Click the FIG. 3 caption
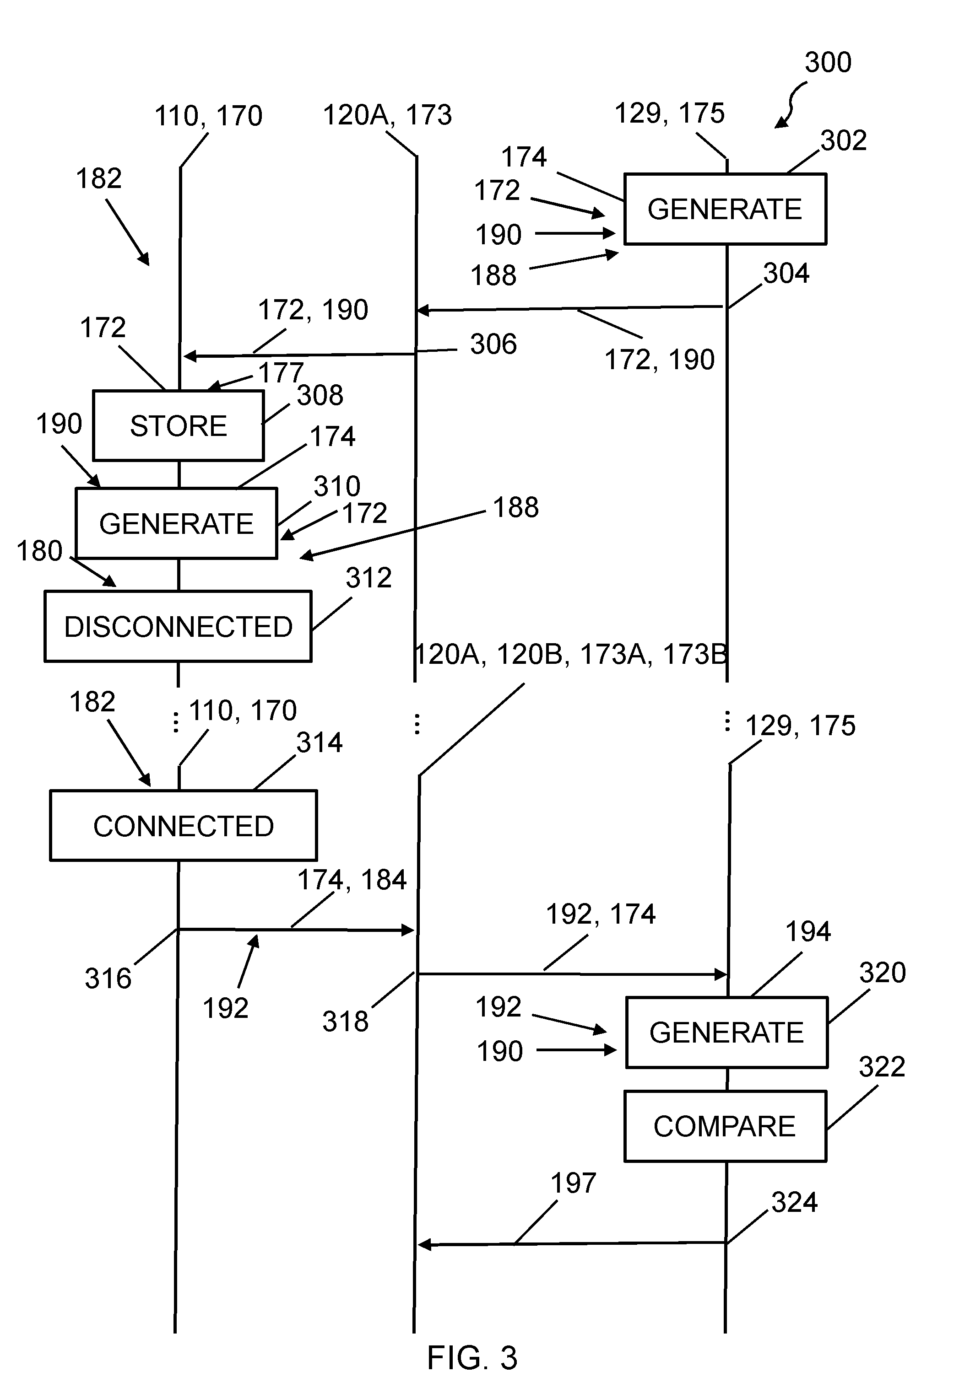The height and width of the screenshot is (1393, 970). tap(472, 1357)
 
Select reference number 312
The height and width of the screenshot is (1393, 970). tap(368, 578)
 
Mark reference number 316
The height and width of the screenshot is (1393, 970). tap(108, 978)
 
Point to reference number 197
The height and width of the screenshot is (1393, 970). tap(574, 1183)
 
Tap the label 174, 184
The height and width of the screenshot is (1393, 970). tap(352, 880)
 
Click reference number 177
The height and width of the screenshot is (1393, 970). tap(281, 372)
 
